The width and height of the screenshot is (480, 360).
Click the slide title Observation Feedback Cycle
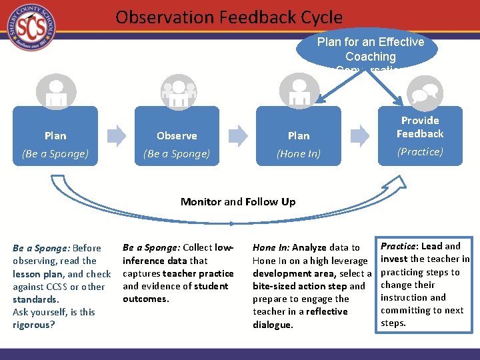pyautogui.click(x=229, y=17)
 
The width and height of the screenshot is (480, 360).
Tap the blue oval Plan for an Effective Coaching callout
pyautogui.click(x=370, y=49)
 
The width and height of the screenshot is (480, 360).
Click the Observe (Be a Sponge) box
pyautogui.click(x=177, y=144)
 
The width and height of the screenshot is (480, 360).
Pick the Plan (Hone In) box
pyautogui.click(x=299, y=144)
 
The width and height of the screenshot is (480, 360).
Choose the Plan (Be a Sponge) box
pyautogui.click(x=55, y=144)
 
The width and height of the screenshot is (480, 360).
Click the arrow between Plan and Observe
pyautogui.click(x=116, y=135)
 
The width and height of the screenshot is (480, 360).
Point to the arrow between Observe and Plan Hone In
pyautogui.click(x=238, y=135)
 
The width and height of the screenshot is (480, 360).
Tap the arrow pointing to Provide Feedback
pyautogui.click(x=360, y=135)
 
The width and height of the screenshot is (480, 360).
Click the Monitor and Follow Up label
pyautogui.click(x=238, y=201)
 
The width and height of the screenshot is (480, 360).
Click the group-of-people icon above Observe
pyautogui.click(x=178, y=92)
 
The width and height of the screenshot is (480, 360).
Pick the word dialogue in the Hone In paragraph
pyautogui.click(x=272, y=325)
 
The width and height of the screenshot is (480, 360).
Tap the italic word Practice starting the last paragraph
pyautogui.click(x=399, y=246)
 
